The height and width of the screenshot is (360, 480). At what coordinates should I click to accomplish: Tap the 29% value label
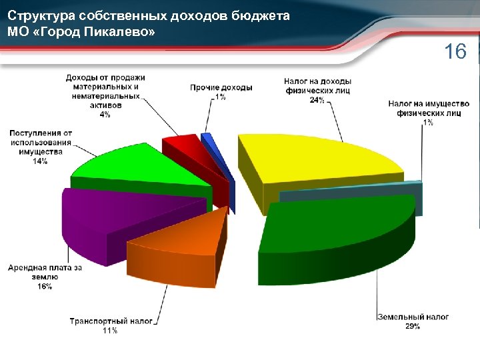point(413,327)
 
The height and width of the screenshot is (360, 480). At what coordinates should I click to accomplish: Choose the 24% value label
point(317,101)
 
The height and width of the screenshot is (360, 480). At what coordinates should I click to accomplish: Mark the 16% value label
point(45,287)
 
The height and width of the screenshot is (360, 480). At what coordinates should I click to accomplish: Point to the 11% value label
point(111,331)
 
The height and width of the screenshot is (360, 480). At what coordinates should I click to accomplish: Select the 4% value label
point(105,115)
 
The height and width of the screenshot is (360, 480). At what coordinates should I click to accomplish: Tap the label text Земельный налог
point(413,317)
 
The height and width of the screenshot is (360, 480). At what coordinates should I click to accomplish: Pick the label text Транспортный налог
point(111,321)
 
